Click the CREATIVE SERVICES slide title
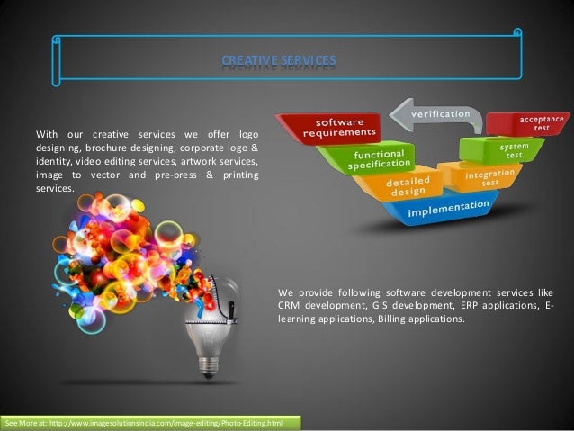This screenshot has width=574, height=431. click(279, 61)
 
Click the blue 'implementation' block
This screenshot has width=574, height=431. click(449, 209)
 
